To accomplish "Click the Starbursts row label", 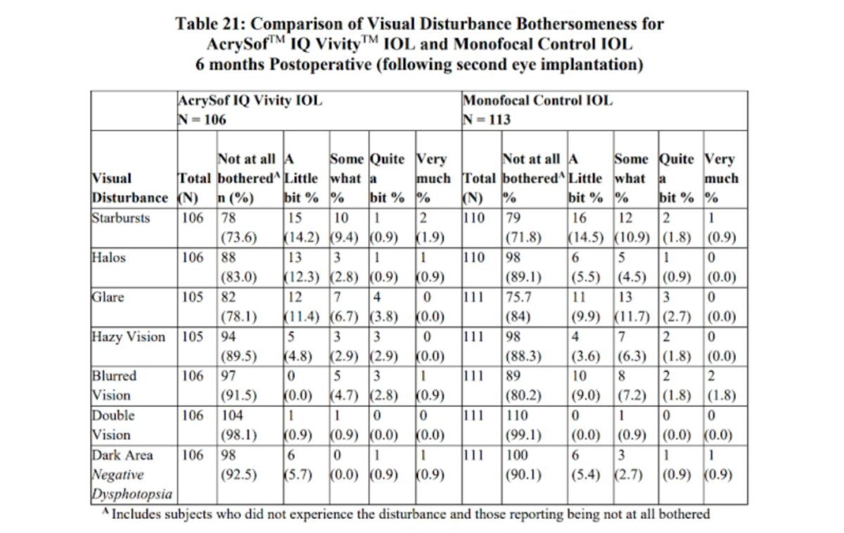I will tap(121, 218).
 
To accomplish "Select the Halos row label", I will tap(109, 257).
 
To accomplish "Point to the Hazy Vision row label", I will tap(129, 336).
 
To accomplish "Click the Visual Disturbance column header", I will tap(131, 188).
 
